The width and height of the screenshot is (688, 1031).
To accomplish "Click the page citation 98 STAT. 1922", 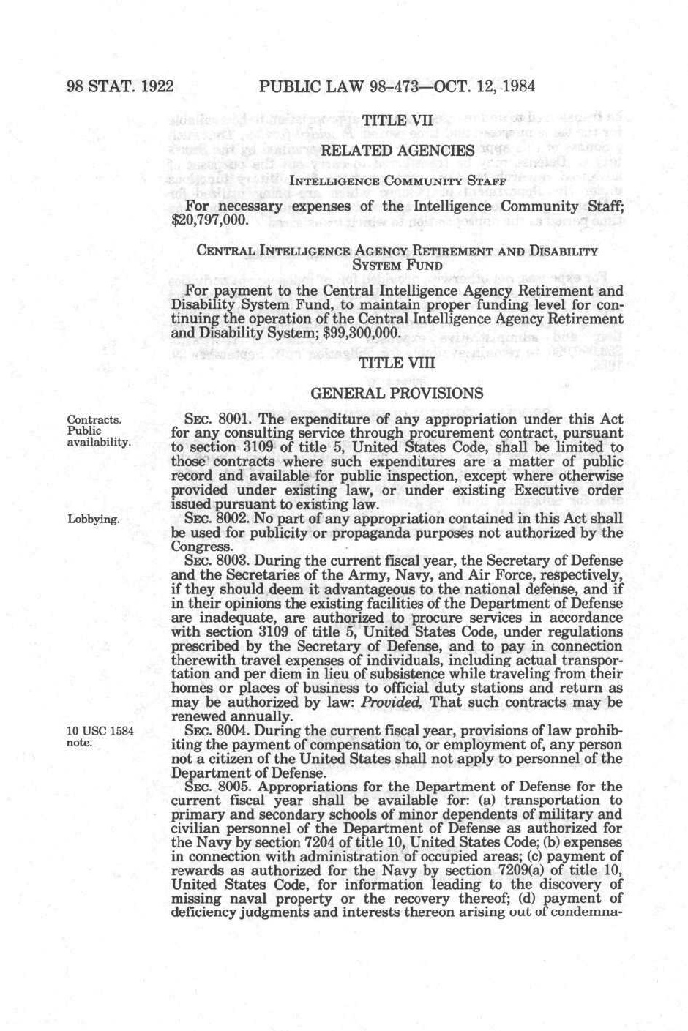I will point(120,86).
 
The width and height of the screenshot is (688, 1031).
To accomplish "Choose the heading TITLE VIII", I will point(397,363).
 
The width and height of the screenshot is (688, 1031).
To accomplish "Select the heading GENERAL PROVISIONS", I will point(397,393).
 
